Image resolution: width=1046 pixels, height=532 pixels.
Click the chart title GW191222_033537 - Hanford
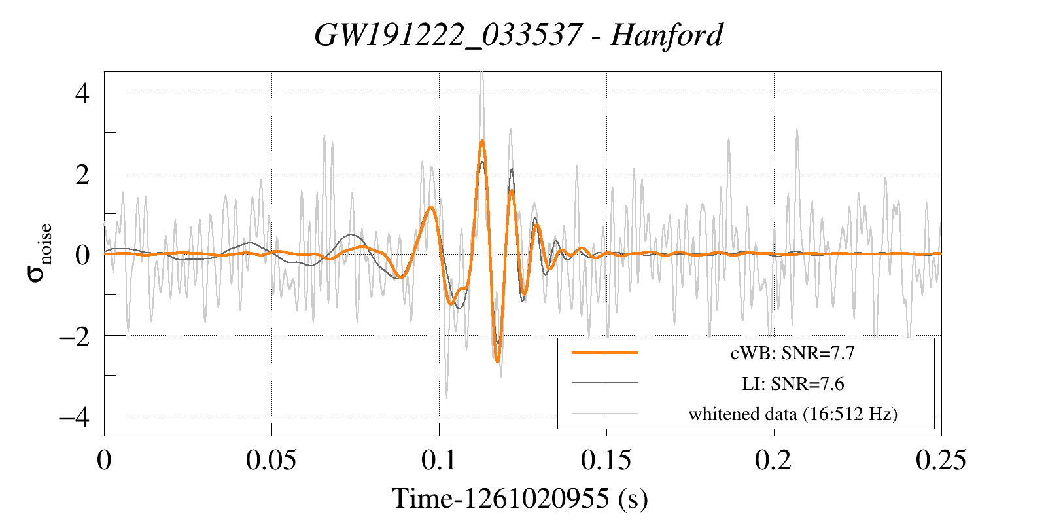pyautogui.click(x=519, y=35)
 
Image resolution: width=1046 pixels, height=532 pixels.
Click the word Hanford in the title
pyautogui.click(x=667, y=35)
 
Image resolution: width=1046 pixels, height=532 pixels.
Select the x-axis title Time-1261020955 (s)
pyautogui.click(x=519, y=499)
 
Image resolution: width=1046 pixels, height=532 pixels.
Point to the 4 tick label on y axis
pyautogui.click(x=82, y=93)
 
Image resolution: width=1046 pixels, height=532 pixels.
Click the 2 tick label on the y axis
pyautogui.click(x=82, y=174)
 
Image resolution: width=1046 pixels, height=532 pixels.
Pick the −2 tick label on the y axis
pyautogui.click(x=75, y=336)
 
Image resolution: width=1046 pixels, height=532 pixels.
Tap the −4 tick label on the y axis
pyautogui.click(x=75, y=416)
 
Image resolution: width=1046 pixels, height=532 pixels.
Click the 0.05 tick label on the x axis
pyautogui.click(x=271, y=460)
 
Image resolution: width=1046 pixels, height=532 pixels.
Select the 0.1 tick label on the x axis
pyautogui.click(x=439, y=460)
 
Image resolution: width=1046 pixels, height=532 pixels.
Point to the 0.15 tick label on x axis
pyautogui.click(x=606, y=460)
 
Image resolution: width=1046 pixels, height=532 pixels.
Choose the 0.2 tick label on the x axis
pyautogui.click(x=773, y=460)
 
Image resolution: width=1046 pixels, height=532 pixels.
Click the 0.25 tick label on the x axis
pyautogui.click(x=941, y=460)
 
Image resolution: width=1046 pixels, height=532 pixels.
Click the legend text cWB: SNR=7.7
pyautogui.click(x=792, y=353)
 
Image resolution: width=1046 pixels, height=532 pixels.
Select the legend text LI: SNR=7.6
pyautogui.click(x=792, y=383)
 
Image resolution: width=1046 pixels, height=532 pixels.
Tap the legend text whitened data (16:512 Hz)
pyautogui.click(x=792, y=414)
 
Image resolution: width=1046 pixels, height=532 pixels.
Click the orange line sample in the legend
pyautogui.click(x=604, y=353)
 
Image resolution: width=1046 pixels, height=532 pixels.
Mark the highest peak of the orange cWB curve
pyautogui.click(x=482, y=141)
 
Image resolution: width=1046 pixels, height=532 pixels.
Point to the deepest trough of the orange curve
pyautogui.click(x=497, y=361)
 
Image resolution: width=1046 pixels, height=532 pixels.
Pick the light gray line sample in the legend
pyautogui.click(x=604, y=414)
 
